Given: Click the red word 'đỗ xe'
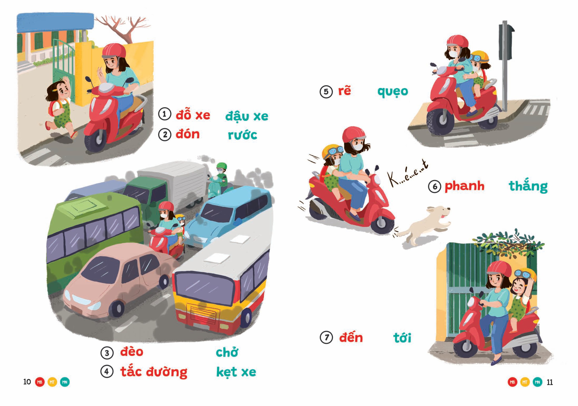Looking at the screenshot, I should pos(193,115).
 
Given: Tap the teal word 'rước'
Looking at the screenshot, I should pos(242,135).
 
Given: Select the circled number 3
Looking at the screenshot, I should pos(107,353).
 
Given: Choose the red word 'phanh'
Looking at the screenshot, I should pos(465,186).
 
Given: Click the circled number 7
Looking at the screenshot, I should pos(326,337).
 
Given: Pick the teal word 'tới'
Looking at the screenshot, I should pos(402,338).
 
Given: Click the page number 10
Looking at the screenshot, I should pos(27,382).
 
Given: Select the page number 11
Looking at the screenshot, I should pos(550,382).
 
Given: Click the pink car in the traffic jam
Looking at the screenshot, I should pos(113,284).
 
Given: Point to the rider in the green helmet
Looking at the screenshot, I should pos(221,176).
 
